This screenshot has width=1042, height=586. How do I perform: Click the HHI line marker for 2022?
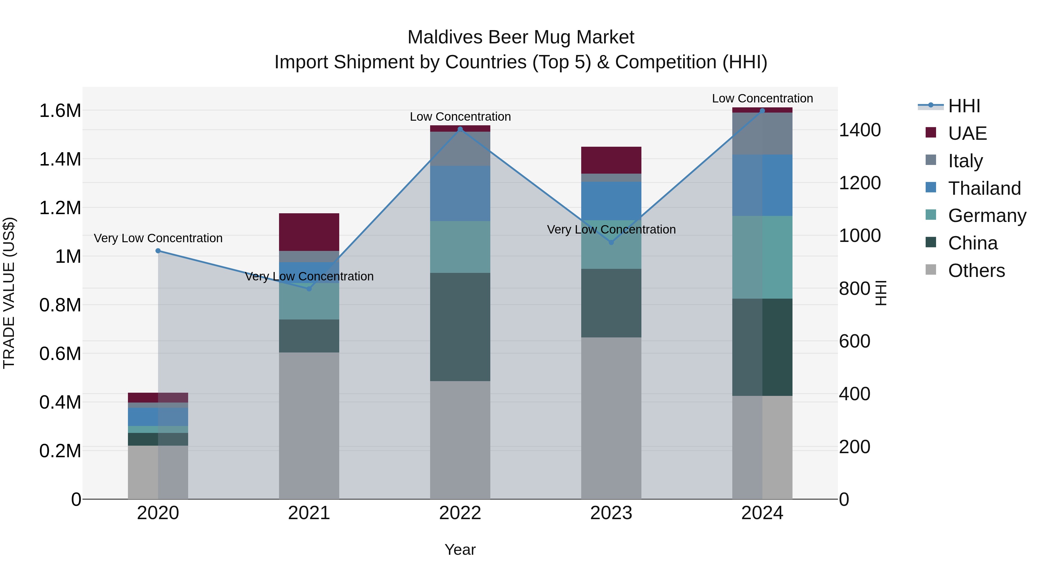click(460, 129)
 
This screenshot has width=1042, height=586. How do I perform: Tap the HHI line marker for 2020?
click(158, 251)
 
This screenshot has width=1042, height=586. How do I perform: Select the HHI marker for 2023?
click(611, 242)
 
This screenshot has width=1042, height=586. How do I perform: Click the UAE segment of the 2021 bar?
click(309, 232)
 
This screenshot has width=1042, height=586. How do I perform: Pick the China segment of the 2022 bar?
click(460, 327)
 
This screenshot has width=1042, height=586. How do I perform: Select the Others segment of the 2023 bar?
click(611, 418)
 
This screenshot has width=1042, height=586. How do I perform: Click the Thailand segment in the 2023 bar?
click(611, 201)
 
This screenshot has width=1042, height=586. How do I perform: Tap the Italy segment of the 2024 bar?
click(762, 133)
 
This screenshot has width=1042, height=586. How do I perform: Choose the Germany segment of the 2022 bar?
click(460, 247)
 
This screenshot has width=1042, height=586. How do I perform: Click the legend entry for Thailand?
click(984, 188)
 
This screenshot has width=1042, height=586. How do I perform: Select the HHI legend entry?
click(964, 106)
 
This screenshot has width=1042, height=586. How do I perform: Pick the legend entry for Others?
click(976, 271)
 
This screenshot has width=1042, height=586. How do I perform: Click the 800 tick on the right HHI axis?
click(854, 289)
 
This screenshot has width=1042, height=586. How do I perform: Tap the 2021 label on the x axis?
click(309, 513)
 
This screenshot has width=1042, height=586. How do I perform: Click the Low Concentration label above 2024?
click(762, 98)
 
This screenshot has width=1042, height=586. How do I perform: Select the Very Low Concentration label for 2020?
click(158, 238)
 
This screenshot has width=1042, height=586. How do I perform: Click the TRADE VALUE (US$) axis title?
click(9, 293)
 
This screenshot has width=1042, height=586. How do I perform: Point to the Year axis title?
click(460, 550)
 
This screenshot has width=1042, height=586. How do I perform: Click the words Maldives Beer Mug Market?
click(521, 37)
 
